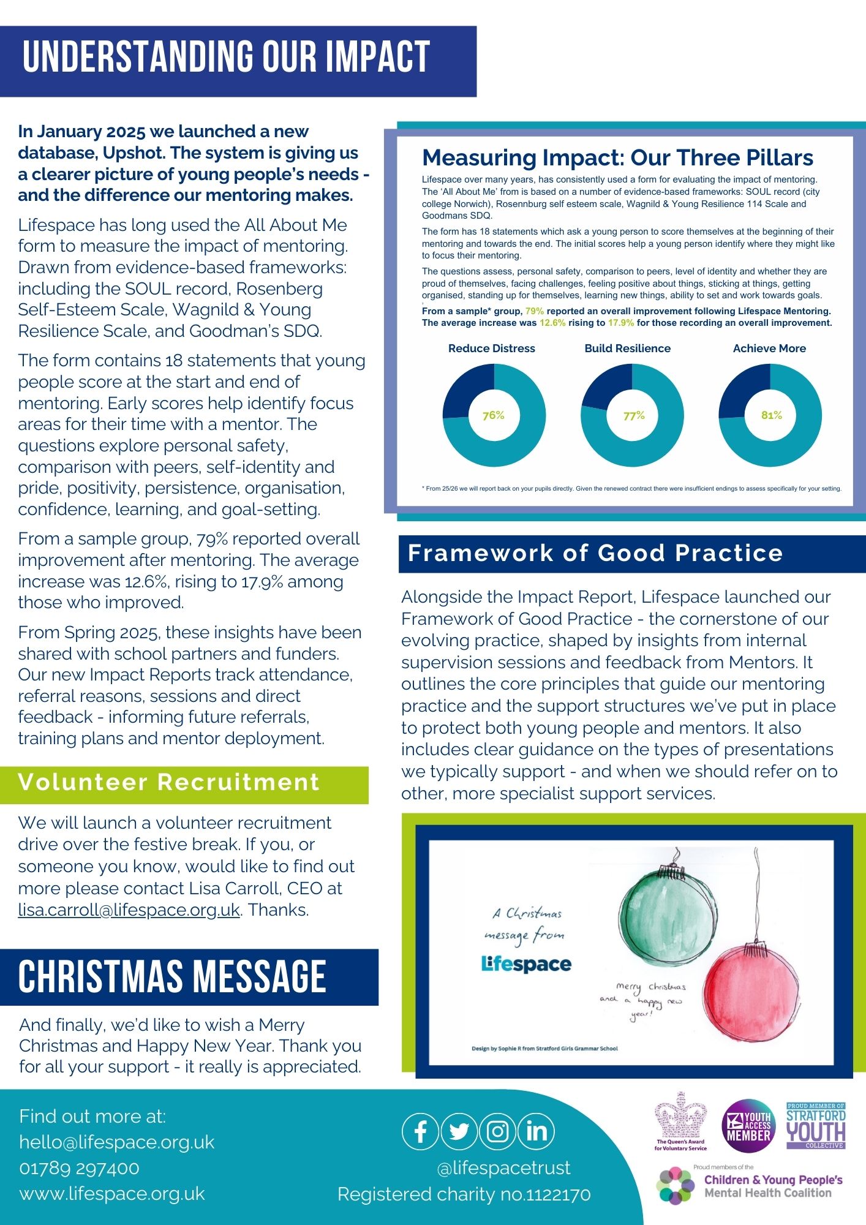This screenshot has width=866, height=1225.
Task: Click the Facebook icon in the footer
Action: pyautogui.click(x=421, y=1131)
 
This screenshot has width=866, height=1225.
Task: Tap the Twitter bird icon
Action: pyautogui.click(x=459, y=1131)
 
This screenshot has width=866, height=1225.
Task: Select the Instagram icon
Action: pyautogui.click(x=498, y=1131)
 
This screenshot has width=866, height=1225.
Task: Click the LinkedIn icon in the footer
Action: pyautogui.click(x=537, y=1131)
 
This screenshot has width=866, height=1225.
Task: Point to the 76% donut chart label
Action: pyautogui.click(x=493, y=415)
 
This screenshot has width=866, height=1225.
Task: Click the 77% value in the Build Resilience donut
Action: pyautogui.click(x=634, y=415)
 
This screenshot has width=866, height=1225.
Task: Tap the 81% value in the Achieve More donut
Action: pyautogui.click(x=772, y=415)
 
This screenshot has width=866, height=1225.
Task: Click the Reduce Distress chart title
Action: pyautogui.click(x=492, y=349)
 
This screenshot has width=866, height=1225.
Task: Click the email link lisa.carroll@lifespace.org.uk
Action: pyautogui.click(x=129, y=910)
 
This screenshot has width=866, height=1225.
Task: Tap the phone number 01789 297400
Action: pyautogui.click(x=80, y=1168)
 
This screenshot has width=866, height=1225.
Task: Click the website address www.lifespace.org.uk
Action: pyautogui.click(x=112, y=1194)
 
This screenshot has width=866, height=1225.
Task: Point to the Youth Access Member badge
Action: pyautogui.click(x=748, y=1128)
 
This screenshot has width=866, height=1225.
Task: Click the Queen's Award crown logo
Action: pyautogui.click(x=680, y=1121)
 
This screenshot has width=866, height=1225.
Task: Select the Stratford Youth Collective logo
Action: pyautogui.click(x=816, y=1126)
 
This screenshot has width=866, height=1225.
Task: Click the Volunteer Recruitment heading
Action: pyautogui.click(x=169, y=783)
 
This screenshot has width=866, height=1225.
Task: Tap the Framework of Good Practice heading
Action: pyautogui.click(x=595, y=553)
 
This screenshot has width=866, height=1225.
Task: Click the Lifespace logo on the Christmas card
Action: pyautogui.click(x=526, y=963)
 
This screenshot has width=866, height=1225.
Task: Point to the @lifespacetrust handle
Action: pyautogui.click(x=504, y=1167)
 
